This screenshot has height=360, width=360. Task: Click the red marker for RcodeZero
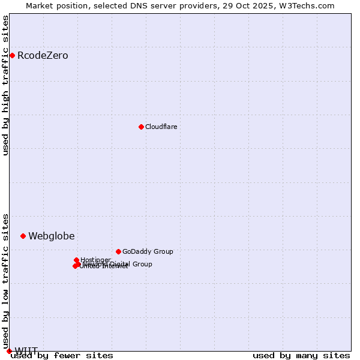(12, 56)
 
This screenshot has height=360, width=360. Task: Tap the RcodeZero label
(43, 56)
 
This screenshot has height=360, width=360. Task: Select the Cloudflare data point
(141, 127)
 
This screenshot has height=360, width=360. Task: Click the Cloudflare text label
(161, 127)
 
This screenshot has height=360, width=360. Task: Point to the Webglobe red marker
(23, 236)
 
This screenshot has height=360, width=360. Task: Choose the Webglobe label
(52, 236)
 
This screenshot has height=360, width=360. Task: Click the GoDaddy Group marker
(118, 251)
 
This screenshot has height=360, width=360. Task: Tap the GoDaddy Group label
(148, 251)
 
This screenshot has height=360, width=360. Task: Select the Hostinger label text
(95, 260)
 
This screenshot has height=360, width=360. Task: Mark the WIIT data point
(9, 351)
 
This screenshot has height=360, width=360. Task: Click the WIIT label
(26, 351)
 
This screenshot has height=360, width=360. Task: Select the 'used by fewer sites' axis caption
(62, 355)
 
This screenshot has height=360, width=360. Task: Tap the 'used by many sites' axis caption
(301, 355)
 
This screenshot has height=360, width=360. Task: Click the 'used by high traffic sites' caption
(6, 85)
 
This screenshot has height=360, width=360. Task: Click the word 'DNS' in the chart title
(137, 6)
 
